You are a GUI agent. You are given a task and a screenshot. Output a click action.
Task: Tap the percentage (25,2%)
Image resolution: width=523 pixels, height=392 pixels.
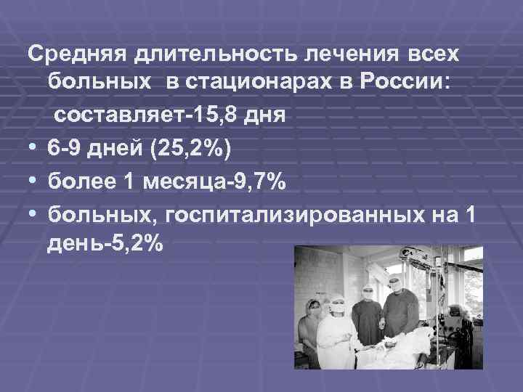click(188, 149)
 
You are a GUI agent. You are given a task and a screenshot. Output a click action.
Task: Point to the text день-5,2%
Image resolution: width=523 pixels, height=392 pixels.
click(105, 245)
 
